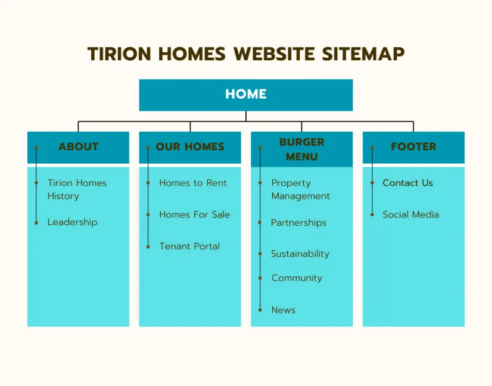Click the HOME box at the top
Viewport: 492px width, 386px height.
click(x=246, y=95)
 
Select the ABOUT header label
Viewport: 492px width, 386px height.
click(x=79, y=147)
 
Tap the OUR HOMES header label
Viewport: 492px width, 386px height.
click(x=190, y=147)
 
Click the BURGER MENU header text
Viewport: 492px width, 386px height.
click(x=302, y=150)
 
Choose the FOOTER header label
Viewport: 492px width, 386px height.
click(x=413, y=147)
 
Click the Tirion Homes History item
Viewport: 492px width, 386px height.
click(x=77, y=189)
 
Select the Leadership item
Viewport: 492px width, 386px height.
click(x=73, y=222)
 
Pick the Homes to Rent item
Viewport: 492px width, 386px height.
click(x=192, y=183)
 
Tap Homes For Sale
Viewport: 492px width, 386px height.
click(x=195, y=214)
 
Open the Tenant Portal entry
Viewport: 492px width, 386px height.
click(x=189, y=246)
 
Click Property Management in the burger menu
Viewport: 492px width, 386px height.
click(x=301, y=189)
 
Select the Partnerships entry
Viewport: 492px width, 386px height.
click(x=299, y=223)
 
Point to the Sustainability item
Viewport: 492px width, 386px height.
click(x=300, y=254)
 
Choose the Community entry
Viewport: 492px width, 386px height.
click(x=297, y=278)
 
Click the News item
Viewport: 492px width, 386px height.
click(x=284, y=310)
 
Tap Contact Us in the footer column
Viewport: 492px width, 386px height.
click(x=407, y=183)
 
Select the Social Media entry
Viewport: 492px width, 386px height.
click(x=411, y=214)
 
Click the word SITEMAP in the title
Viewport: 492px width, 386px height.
click(x=363, y=54)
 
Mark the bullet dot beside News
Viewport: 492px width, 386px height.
click(x=260, y=310)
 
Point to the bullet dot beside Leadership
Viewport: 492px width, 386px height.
click(x=36, y=223)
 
